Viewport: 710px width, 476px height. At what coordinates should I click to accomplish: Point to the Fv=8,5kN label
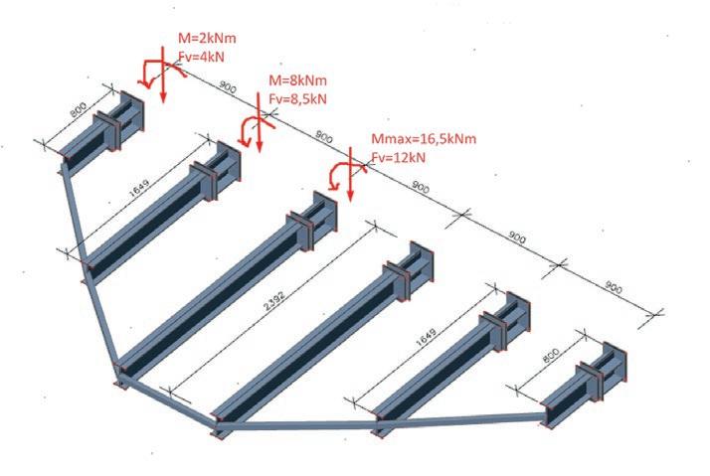coord(298,98)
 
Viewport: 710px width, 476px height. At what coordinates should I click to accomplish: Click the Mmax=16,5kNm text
coord(422,139)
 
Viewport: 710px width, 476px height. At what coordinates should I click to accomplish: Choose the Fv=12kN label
coord(399,156)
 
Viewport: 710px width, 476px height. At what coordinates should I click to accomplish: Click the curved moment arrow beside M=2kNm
coord(150,72)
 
